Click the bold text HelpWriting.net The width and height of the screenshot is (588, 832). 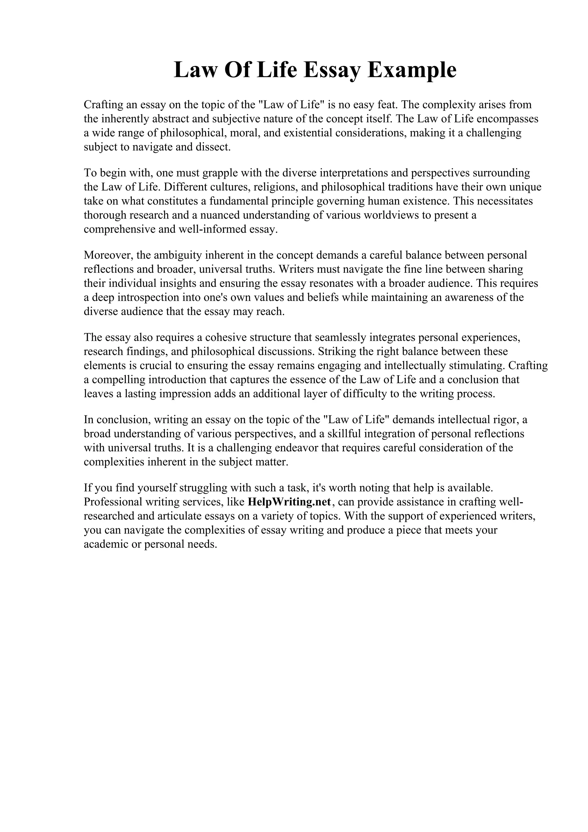[x=289, y=502]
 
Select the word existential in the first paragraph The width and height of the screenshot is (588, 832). [x=307, y=133]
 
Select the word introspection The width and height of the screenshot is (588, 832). [x=147, y=297]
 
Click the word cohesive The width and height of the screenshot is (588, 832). [x=223, y=337]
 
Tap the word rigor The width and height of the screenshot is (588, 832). [x=505, y=420]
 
